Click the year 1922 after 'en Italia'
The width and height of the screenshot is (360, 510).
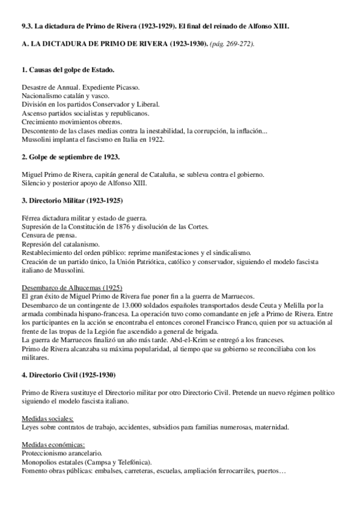[x=154, y=139]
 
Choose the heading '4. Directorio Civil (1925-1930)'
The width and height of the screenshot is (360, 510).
[x=69, y=375]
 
